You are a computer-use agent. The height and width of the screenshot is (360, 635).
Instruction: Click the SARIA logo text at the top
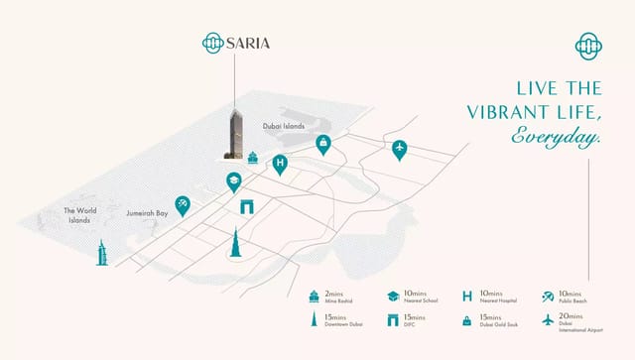point(247,43)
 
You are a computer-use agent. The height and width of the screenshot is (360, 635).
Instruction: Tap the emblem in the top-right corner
point(589,45)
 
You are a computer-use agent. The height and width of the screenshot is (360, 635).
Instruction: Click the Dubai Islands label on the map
point(285,127)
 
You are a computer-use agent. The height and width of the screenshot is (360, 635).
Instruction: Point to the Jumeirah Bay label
point(149,212)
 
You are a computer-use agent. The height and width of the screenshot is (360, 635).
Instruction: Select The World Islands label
point(77,215)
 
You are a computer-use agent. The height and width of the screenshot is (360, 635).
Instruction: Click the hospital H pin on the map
point(280,164)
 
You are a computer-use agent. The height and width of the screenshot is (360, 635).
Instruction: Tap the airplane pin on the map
point(399,150)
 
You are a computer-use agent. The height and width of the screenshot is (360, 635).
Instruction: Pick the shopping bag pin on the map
point(323,145)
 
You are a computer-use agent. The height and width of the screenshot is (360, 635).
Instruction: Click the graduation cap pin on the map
point(234,181)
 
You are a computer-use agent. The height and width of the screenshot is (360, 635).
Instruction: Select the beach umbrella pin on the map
point(183,204)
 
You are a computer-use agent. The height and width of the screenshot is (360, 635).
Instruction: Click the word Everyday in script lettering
point(556,138)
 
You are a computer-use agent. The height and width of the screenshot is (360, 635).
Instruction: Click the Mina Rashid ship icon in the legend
point(314,297)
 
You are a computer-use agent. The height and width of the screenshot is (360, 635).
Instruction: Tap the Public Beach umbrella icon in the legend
point(549,297)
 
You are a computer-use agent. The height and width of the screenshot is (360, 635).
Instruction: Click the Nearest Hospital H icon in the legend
point(466,297)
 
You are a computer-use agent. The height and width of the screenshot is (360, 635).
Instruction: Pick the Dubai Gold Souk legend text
point(497,323)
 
